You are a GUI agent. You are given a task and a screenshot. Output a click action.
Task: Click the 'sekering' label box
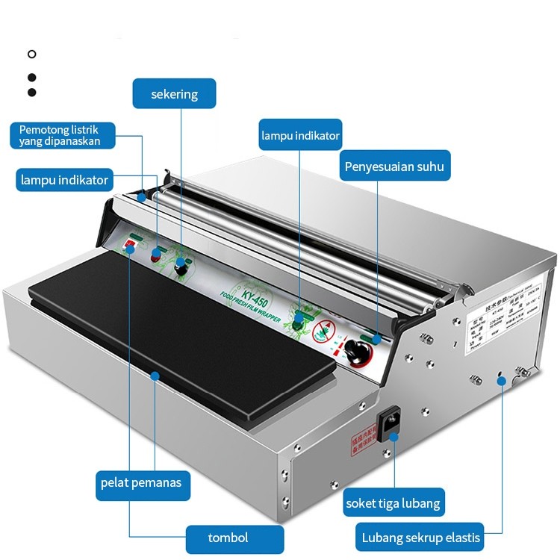(x=175, y=94)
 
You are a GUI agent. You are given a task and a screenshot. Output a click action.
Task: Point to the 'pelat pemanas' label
(x=141, y=483)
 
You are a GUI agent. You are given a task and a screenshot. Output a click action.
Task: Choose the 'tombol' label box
(x=228, y=538)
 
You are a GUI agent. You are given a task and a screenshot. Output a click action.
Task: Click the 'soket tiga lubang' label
(x=393, y=503)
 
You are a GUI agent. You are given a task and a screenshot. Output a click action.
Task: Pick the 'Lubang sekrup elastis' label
(x=422, y=537)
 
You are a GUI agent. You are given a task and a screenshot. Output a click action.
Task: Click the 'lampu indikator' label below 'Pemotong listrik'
(x=65, y=180)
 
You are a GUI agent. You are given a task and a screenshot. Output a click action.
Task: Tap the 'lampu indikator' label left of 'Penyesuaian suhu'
(x=300, y=136)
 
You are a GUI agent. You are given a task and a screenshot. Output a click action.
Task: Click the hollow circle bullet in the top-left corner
(x=31, y=54)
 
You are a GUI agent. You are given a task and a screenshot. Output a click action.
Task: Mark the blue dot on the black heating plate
(x=155, y=375)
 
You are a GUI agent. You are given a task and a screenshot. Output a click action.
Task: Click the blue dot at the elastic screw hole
(x=502, y=381)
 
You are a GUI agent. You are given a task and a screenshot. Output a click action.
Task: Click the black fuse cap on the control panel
(x=180, y=267)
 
